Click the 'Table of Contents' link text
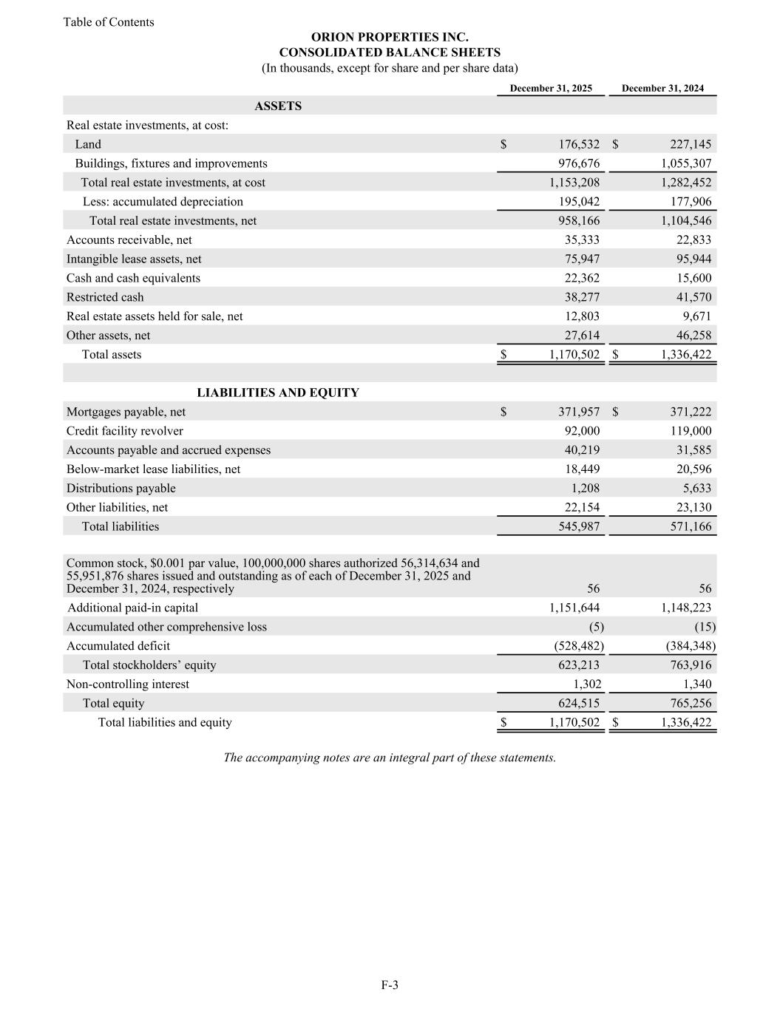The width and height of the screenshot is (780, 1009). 109,22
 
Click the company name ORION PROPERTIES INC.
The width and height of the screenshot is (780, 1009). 390,37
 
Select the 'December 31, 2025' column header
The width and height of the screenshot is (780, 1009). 551,89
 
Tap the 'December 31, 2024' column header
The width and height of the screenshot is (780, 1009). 662,89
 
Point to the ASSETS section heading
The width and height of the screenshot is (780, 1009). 278,106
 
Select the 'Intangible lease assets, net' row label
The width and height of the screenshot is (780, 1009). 134,259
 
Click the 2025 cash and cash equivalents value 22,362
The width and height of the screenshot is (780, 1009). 582,279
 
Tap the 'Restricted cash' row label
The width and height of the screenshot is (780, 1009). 105,297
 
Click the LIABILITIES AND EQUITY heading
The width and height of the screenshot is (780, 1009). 278,393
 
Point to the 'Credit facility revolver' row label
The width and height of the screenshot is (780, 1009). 125,432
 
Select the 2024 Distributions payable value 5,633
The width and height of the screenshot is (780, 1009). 696,489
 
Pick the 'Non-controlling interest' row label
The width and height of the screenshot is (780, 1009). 128,684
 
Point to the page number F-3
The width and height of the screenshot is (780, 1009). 390,985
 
